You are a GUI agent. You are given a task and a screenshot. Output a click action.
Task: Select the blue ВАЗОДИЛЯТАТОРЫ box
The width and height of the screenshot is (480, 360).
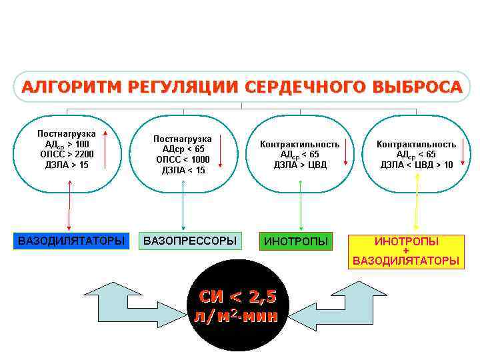[71, 241]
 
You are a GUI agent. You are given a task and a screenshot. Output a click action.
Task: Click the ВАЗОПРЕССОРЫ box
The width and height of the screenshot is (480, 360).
[190, 241]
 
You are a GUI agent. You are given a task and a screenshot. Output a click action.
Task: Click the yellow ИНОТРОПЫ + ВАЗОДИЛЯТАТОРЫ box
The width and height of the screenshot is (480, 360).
[406, 251]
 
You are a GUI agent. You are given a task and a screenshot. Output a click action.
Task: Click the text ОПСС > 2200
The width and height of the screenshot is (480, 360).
[67, 154]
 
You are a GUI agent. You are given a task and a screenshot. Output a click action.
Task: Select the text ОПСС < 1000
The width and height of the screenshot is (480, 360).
[183, 159]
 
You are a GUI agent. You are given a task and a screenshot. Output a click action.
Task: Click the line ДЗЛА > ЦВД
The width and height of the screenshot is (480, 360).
[300, 165]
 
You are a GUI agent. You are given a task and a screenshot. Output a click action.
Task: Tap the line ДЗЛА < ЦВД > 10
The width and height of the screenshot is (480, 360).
[416, 165]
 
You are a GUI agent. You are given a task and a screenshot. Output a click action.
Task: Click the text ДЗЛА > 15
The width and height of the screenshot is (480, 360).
[67, 165]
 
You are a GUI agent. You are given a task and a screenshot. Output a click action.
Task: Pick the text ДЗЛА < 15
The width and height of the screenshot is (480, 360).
[183, 170]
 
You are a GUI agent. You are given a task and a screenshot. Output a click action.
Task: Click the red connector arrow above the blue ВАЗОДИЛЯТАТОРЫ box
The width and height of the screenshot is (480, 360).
[68, 210]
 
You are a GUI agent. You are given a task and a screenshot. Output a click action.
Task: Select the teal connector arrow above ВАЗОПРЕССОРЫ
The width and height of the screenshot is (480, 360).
[184, 210]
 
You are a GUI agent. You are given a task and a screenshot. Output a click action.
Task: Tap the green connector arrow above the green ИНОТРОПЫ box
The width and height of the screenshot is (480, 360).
[301, 210]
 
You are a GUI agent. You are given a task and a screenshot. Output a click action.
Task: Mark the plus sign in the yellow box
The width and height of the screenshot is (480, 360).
[406, 251]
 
